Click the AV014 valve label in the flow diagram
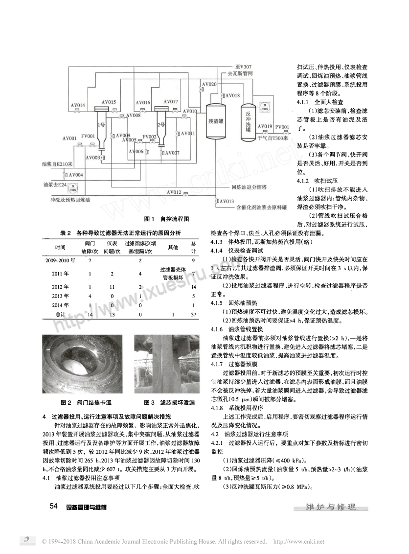(78, 105)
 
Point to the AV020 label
(209, 85)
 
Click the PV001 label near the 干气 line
(282, 127)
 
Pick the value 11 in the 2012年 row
(112, 287)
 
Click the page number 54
(54, 506)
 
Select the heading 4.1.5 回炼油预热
(231, 303)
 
